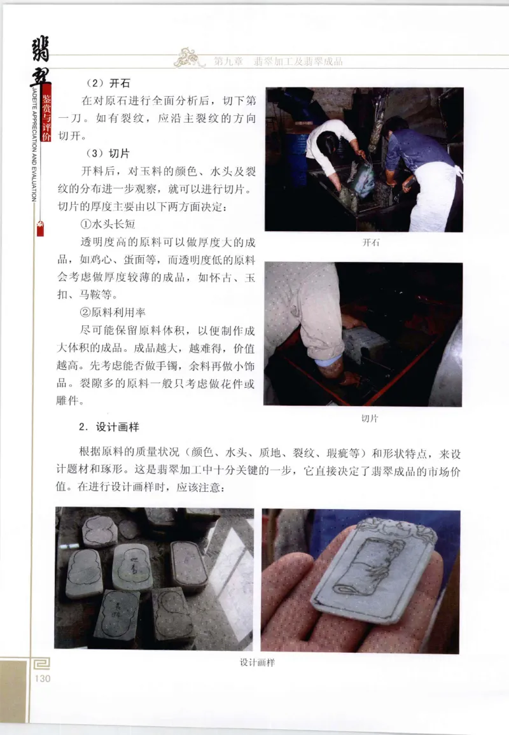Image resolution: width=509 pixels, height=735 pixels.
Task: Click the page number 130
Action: point(42,679)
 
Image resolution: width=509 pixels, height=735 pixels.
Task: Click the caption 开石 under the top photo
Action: point(370,242)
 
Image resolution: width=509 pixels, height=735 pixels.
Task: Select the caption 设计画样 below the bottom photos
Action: point(257,662)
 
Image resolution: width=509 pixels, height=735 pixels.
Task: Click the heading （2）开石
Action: point(104,83)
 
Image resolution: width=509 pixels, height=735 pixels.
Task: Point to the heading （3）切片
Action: point(104,153)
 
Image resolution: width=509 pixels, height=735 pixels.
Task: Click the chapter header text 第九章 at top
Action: point(227,62)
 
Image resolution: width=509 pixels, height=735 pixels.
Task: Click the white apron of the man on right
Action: point(433,197)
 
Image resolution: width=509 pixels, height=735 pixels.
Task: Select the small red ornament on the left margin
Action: point(40,228)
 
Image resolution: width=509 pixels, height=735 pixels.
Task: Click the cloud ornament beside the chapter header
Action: point(190,58)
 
